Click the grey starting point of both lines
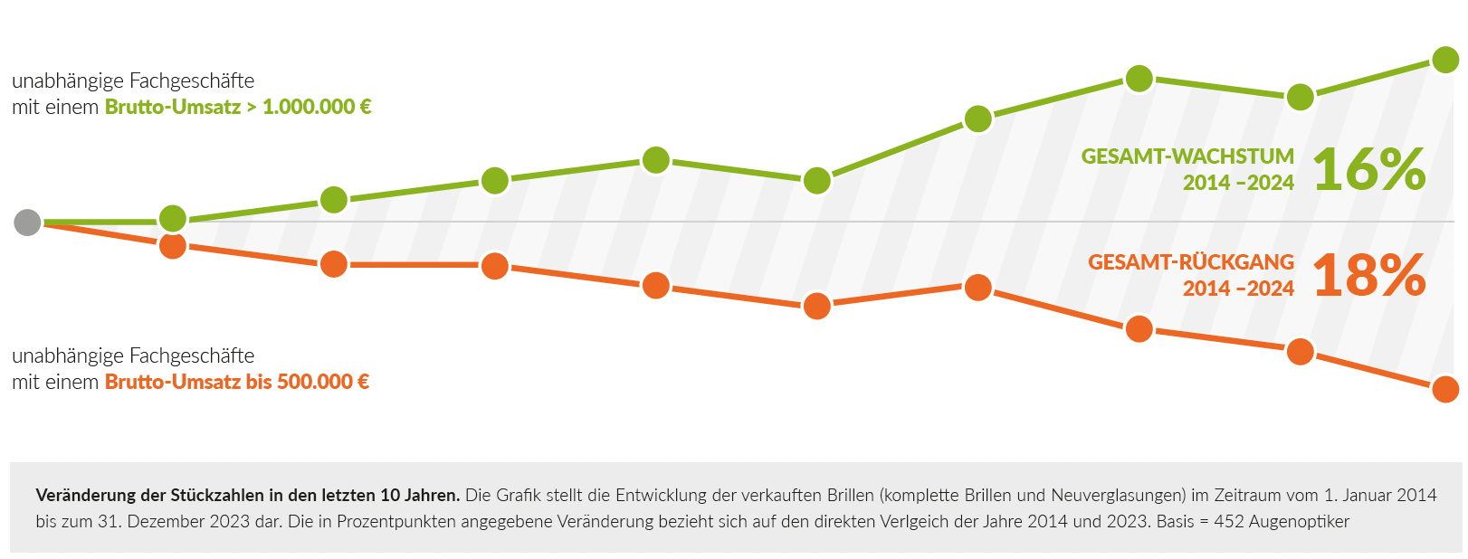(28, 222)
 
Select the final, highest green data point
(1445, 60)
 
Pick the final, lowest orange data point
(1445, 389)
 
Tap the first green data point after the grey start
(173, 218)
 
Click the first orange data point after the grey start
(173, 246)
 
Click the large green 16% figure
(1369, 169)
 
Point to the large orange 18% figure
(1369, 275)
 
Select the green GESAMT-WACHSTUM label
(1187, 156)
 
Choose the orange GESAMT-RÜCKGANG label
(1191, 262)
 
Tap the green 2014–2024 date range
(1238, 183)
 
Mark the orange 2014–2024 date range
(1238, 289)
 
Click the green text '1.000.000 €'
(317, 107)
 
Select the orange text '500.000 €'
(323, 382)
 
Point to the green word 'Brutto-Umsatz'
(173, 107)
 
